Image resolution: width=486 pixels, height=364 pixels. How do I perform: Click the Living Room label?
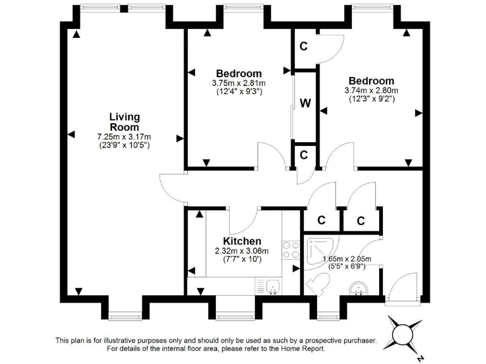click(124, 122)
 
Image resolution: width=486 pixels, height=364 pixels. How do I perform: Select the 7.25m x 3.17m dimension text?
click(124, 136)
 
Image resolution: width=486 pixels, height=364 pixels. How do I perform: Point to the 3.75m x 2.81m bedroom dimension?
click(239, 83)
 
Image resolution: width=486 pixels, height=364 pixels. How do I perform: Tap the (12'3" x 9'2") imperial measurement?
click(371, 99)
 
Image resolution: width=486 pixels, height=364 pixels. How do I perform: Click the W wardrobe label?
click(305, 104)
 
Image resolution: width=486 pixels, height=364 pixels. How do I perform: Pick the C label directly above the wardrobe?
click(304, 46)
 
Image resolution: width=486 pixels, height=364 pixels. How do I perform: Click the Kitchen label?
click(242, 241)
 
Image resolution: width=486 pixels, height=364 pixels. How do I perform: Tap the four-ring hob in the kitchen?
click(290, 250)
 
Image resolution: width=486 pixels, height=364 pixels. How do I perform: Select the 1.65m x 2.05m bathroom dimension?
click(347, 258)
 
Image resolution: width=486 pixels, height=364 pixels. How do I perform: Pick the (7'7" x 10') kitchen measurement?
click(242, 259)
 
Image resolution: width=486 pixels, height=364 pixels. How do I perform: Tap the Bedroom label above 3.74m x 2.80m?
click(371, 81)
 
